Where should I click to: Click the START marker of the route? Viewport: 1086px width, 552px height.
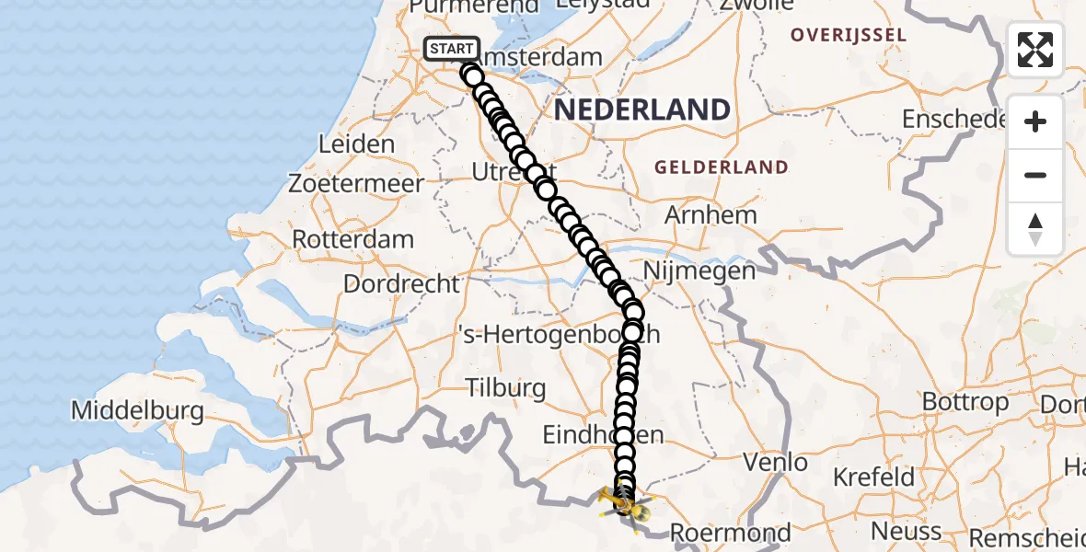[452, 49]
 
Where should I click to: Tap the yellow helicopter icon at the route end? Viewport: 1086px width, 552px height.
[624, 503]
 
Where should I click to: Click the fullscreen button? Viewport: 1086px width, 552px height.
[1035, 50]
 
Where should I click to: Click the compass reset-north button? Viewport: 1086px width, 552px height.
[1035, 229]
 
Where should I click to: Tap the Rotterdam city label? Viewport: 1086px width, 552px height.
[352, 239]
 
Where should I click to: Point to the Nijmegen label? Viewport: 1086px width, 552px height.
[699, 270]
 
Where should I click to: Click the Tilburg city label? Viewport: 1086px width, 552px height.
[505, 387]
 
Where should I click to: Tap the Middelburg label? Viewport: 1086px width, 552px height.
[138, 410]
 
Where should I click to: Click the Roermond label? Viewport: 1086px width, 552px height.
[730, 533]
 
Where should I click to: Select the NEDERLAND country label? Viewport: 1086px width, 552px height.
[642, 110]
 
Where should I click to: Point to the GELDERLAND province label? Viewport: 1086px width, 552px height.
[721, 167]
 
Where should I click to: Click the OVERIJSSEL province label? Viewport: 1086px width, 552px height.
[849, 36]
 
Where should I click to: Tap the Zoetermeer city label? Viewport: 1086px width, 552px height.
[356, 183]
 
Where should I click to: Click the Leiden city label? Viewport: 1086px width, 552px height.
[356, 144]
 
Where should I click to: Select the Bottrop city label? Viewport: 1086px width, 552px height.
[965, 402]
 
